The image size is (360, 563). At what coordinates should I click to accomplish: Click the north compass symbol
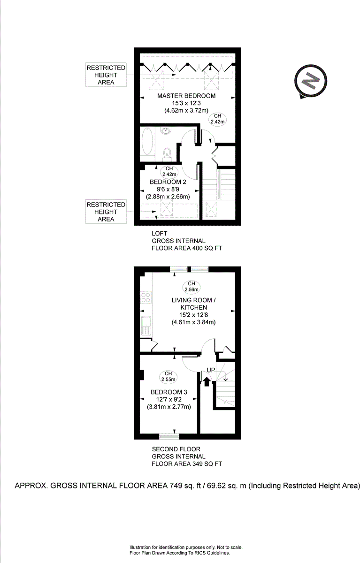click(310, 82)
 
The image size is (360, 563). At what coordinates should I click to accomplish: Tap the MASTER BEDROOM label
click(186, 96)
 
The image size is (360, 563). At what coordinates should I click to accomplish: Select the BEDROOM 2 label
click(168, 182)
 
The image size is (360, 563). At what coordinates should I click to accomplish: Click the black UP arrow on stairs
click(206, 380)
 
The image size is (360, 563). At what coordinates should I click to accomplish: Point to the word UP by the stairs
click(211, 370)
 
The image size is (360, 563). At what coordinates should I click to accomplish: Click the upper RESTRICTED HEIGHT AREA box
click(106, 75)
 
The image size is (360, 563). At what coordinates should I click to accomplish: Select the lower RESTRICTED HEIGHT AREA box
click(106, 212)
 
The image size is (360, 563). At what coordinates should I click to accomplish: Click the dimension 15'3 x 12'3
click(186, 103)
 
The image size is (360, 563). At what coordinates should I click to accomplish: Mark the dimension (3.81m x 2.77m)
click(169, 407)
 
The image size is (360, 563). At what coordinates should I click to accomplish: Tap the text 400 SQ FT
click(207, 248)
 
